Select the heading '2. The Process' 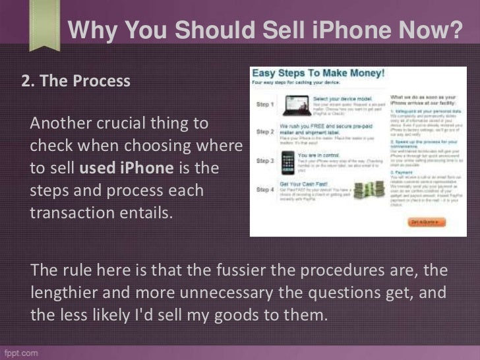(76, 82)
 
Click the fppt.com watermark (20, 352)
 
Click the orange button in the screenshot (425, 222)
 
